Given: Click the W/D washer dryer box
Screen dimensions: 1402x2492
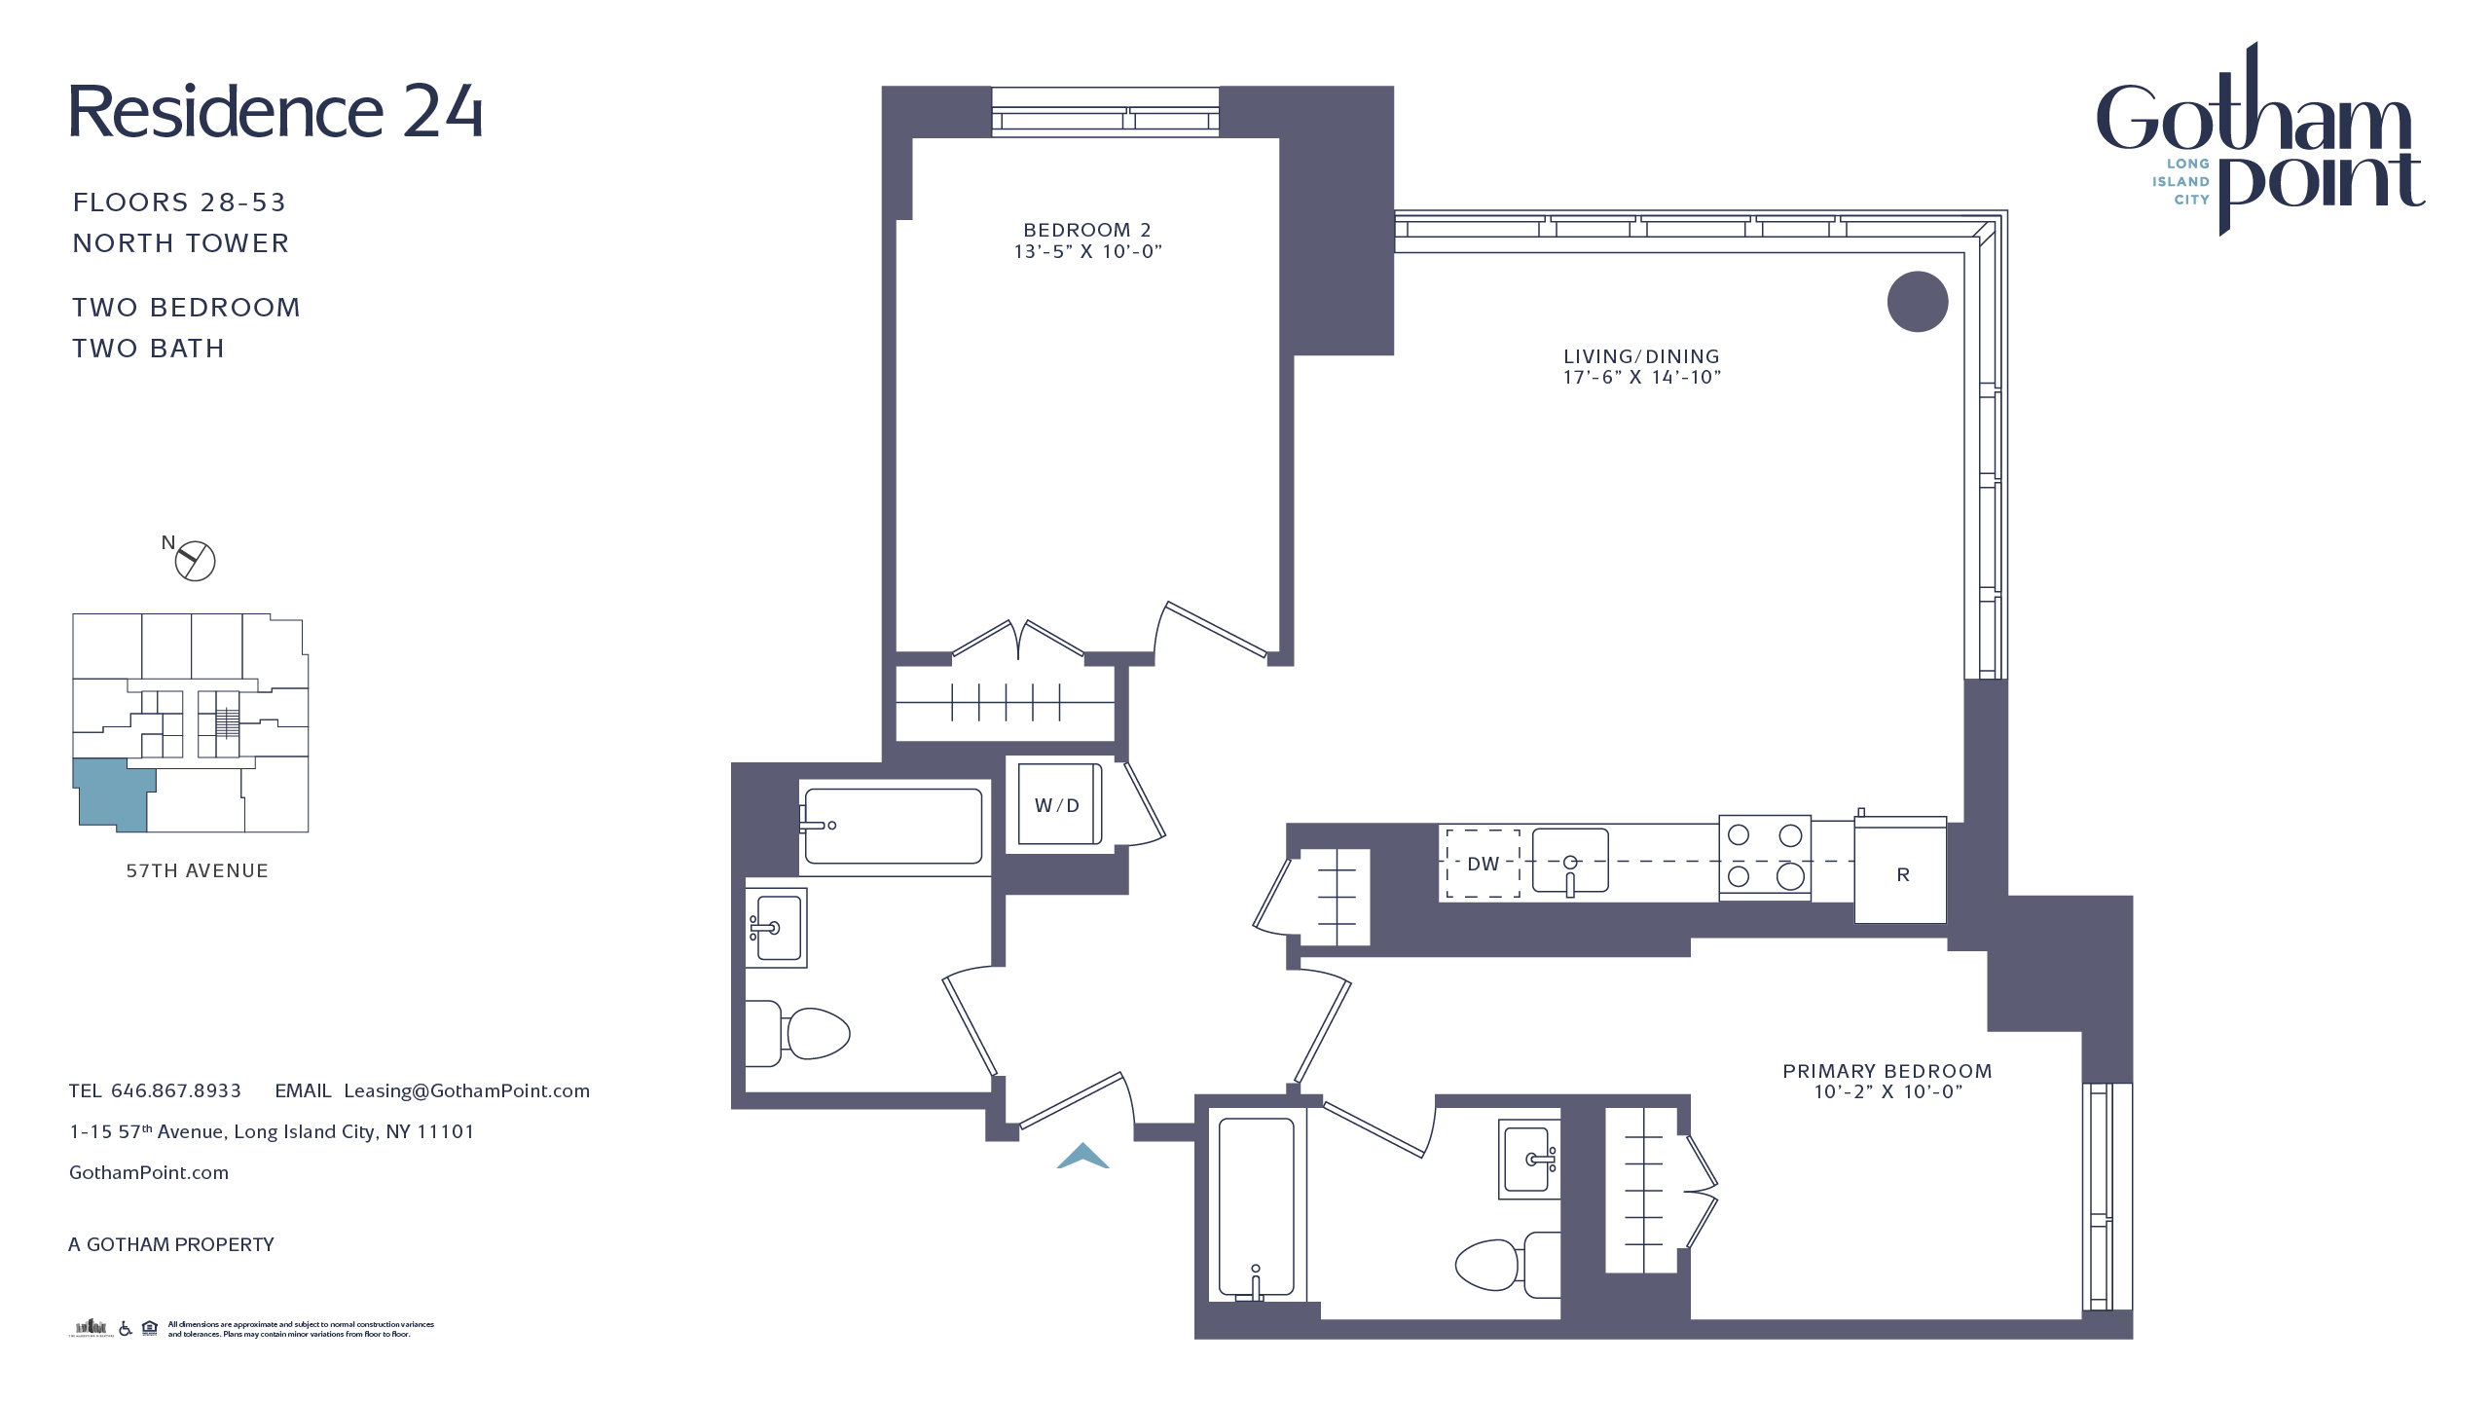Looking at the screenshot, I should click(x=1059, y=804).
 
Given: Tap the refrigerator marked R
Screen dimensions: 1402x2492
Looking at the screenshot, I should click(x=1900, y=872).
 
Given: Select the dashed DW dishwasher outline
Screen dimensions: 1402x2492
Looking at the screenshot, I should click(x=1483, y=864).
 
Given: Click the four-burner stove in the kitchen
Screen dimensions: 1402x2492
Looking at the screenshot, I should click(x=1764, y=857).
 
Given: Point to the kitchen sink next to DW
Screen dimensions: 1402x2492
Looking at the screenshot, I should click(x=1569, y=861).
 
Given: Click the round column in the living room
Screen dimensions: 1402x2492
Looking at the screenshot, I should click(x=1917, y=302).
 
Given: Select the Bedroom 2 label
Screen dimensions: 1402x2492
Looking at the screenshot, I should click(x=1086, y=231).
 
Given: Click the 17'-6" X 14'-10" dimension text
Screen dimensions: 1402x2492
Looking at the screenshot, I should click(x=1641, y=378).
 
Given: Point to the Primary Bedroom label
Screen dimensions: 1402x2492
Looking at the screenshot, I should click(x=1887, y=1071).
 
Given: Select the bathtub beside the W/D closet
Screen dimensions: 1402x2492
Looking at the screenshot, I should click(x=893, y=826).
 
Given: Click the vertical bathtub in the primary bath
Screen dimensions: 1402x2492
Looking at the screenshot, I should click(x=1256, y=1207).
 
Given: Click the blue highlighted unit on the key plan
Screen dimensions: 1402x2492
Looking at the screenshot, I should click(x=109, y=794).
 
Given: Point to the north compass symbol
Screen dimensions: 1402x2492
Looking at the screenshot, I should click(x=194, y=561).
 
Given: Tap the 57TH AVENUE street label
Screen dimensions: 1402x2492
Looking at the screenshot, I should click(x=197, y=871).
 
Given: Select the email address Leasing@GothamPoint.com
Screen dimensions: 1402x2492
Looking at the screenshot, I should click(x=466, y=1091).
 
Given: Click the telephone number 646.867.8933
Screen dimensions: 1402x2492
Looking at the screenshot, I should click(x=176, y=1091).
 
